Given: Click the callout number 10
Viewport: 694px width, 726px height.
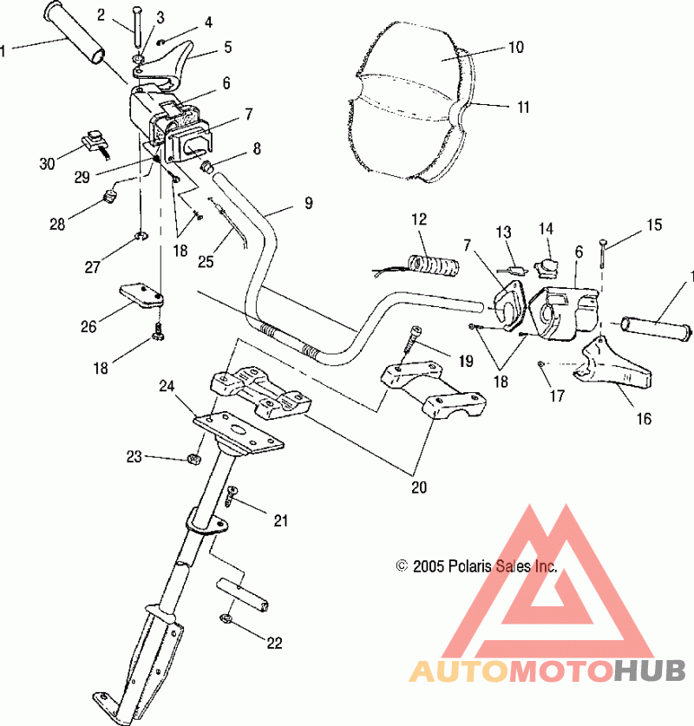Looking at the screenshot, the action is (516, 47).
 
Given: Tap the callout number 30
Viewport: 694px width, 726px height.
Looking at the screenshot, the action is (47, 163).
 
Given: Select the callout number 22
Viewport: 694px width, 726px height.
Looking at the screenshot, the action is (274, 643).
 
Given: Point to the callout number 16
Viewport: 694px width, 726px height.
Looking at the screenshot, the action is (644, 419).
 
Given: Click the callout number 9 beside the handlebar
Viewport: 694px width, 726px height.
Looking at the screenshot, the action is (308, 203).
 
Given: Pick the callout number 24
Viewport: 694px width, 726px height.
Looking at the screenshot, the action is (167, 386).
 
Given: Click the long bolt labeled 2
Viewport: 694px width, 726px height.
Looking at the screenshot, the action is (138, 27).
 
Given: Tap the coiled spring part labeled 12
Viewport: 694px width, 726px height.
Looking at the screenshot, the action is (435, 266).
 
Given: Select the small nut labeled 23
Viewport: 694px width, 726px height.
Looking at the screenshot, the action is (194, 459).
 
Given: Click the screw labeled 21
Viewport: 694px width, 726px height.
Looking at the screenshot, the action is (231, 496).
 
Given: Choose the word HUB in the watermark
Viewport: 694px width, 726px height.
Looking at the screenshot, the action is (650, 670).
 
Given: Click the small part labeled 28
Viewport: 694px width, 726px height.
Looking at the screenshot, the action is (110, 197).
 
